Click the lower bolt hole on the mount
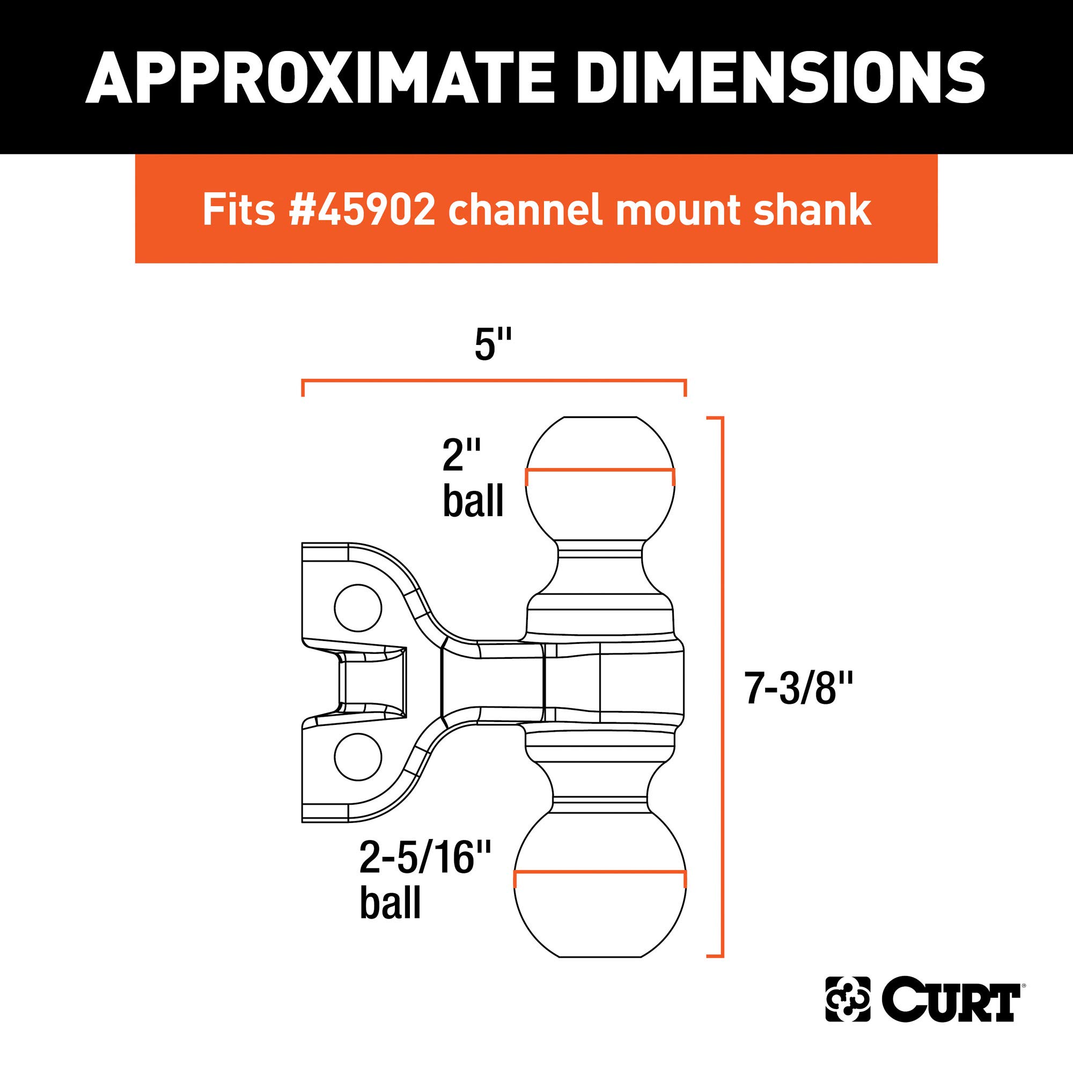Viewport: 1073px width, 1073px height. (x=358, y=758)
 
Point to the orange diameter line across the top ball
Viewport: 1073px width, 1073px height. (x=600, y=471)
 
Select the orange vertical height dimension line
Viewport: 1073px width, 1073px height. (x=723, y=689)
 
